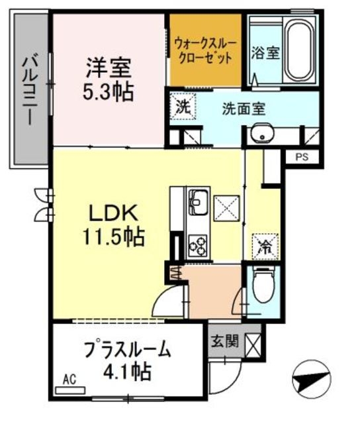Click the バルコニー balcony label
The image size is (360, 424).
click(x=29, y=90)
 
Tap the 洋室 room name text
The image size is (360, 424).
click(x=108, y=67)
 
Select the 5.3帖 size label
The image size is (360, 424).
click(x=108, y=91)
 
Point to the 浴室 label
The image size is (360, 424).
click(x=265, y=54)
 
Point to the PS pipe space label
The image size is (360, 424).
click(x=301, y=157)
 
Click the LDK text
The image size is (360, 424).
click(x=113, y=213)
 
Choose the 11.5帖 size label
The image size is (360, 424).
click(x=113, y=237)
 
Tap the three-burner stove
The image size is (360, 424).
click(x=197, y=245)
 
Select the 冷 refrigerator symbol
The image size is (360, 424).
click(x=263, y=247)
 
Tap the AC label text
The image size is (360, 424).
click(x=69, y=380)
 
